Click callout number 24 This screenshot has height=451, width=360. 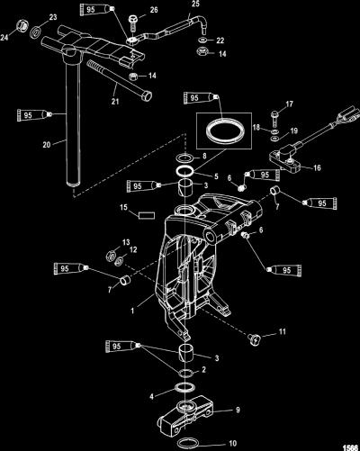pos(4,37)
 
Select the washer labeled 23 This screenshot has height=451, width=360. pos(36,32)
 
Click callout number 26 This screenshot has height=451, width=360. pos(154,10)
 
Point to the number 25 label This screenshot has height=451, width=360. pos(195,4)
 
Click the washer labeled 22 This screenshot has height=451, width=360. pos(202,41)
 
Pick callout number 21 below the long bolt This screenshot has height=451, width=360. pos(115,102)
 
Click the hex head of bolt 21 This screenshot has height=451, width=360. pos(146,96)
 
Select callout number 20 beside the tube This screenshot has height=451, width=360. pos(47,145)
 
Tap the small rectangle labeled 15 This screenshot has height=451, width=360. pos(147,215)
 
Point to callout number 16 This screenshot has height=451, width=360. pos(317,167)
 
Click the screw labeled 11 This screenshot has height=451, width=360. pos(254,339)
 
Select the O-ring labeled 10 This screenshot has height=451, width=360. pos(188,443)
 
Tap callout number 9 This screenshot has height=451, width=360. pos(238,410)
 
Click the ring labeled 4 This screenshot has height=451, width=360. pos(184,388)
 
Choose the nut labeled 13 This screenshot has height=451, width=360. pos(111,256)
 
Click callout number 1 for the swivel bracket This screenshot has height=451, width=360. pos(132,311)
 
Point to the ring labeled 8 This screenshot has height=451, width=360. pos(185,158)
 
